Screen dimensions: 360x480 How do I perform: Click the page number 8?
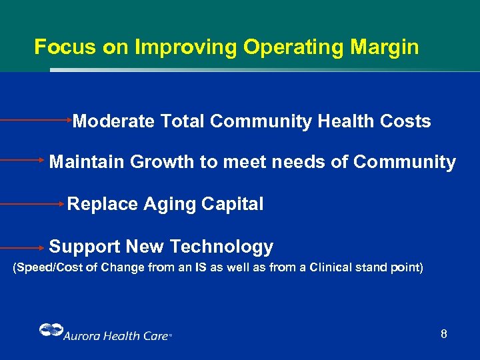click(443, 333)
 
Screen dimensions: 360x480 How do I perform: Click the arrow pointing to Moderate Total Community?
click(37, 121)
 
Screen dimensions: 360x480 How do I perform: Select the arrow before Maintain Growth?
click(23, 161)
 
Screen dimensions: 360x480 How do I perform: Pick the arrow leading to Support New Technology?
click(23, 247)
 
